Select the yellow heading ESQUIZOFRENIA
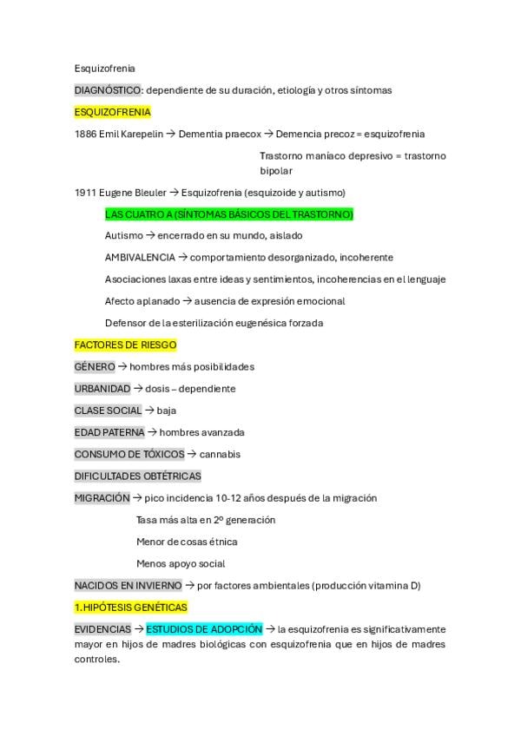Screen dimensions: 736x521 113,112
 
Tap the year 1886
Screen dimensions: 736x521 85,134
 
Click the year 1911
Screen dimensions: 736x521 85,193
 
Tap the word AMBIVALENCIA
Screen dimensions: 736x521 139,258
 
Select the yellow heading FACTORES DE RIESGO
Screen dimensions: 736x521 125,345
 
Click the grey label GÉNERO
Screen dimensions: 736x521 94,367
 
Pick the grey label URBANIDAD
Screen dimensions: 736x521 102,389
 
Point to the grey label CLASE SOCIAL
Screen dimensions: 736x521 108,411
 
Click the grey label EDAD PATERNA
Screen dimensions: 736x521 109,432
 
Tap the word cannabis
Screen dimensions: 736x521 220,454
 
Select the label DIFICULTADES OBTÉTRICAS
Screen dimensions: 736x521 137,476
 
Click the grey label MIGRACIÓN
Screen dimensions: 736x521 102,498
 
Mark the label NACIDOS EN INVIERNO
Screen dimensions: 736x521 128,586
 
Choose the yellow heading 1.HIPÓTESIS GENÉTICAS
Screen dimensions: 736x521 131,608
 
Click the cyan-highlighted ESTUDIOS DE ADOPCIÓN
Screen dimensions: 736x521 204,629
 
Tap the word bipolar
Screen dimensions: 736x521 276,171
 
